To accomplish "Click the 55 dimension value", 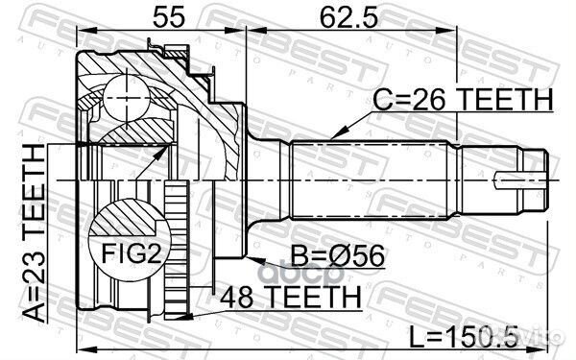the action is [x=169, y=16].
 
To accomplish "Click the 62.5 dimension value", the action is [x=348, y=16].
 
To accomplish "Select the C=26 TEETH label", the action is [x=463, y=99].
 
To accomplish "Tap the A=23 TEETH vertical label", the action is [x=35, y=234].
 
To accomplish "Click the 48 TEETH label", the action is [x=291, y=297].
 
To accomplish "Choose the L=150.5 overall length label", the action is [x=464, y=336].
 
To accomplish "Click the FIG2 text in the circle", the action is [x=132, y=253].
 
